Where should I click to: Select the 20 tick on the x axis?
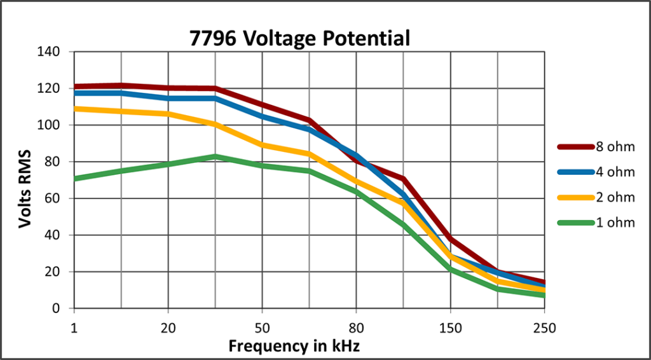(168, 329)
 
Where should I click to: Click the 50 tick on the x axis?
(262, 329)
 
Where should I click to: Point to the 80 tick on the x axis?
(356, 329)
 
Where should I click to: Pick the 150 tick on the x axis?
(450, 329)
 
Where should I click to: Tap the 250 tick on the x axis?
(544, 329)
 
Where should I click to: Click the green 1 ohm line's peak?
(215, 156)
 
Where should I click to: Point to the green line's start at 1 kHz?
(74, 179)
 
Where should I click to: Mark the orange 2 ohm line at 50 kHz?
(262, 145)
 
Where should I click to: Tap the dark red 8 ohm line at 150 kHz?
(450, 239)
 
